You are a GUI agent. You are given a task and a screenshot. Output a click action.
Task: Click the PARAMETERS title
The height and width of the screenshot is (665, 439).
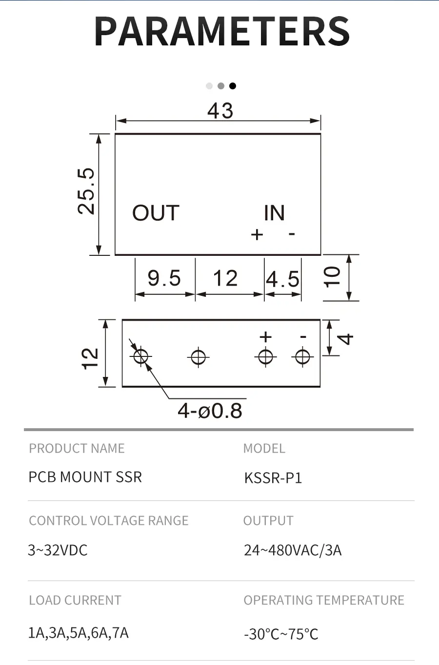point(222,32)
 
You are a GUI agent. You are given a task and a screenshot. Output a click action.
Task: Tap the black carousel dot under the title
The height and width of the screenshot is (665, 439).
point(233,86)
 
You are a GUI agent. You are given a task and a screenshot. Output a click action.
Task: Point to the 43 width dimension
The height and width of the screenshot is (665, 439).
point(220,111)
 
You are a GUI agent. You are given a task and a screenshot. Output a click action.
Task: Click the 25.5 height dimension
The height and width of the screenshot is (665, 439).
point(86,191)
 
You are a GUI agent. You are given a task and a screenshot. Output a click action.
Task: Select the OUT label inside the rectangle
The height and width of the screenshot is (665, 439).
point(156,213)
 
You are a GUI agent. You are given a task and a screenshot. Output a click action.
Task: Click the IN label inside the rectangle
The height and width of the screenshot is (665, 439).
point(274,213)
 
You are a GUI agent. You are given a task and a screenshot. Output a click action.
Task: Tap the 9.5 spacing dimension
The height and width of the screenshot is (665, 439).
point(164,279)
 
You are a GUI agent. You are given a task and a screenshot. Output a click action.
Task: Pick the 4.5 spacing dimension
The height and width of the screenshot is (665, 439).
point(283,279)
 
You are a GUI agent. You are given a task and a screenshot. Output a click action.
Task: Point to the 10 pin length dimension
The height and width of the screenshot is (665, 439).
point(332,277)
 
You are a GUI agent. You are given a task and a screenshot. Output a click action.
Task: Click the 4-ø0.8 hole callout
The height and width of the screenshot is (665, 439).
point(210,411)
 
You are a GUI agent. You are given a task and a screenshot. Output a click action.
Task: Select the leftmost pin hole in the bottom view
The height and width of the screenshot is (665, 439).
point(141,357)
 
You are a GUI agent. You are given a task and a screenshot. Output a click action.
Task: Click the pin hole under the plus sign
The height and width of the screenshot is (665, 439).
point(266,357)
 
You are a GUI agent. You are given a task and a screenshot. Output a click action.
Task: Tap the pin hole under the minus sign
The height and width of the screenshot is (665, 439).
point(302,357)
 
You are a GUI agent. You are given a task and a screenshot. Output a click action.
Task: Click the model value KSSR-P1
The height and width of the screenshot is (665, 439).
point(273,478)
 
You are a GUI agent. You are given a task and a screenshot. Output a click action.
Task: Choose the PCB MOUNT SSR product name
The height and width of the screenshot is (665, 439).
point(85,477)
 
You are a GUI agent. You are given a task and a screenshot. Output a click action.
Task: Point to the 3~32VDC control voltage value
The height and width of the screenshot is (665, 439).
point(58,550)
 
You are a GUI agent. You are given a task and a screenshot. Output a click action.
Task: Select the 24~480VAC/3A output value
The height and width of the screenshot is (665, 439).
point(293,550)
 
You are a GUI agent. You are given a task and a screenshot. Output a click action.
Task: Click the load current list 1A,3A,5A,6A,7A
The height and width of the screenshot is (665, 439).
point(79,633)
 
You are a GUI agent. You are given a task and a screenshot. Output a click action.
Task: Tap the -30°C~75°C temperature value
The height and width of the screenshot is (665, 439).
point(281,634)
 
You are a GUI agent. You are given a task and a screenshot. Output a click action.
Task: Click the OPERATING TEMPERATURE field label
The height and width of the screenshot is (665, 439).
point(324,600)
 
